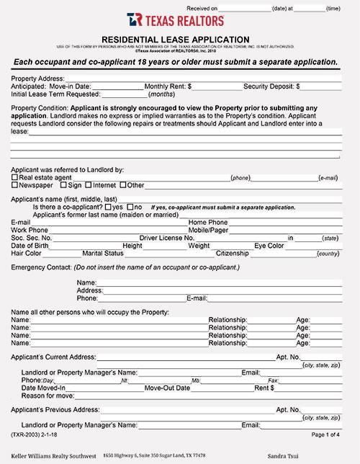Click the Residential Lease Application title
click(x=176, y=40)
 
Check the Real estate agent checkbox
click(x=14, y=177)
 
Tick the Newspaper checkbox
click(x=14, y=185)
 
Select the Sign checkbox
click(x=63, y=185)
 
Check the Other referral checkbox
click(x=122, y=185)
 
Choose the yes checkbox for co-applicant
click(x=108, y=207)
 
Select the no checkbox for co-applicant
click(x=130, y=207)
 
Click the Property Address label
click(x=37, y=78)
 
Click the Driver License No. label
click(x=166, y=237)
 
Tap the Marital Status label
click(x=103, y=253)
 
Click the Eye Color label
click(x=269, y=245)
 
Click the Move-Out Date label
click(x=167, y=388)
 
